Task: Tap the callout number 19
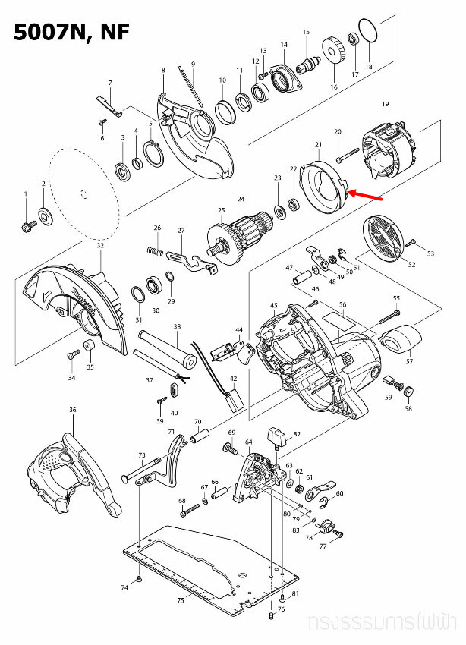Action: click(385, 103)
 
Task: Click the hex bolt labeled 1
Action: click(27, 225)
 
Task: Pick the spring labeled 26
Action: click(155, 250)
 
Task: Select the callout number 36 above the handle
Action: click(73, 411)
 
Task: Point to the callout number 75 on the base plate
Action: click(181, 600)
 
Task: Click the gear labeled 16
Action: click(334, 55)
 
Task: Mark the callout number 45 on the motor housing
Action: click(274, 305)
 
